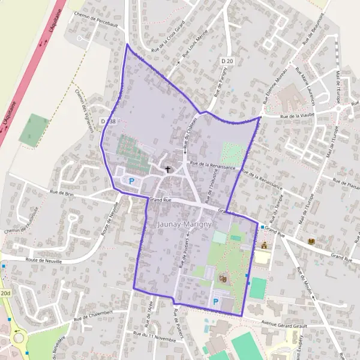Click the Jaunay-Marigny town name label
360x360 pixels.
point(184,224)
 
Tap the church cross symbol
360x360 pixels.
point(168,170)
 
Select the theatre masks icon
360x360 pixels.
point(223,278)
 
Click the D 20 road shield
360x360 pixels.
point(226,61)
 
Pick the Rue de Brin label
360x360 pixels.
point(62,194)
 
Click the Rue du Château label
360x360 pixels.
point(190,132)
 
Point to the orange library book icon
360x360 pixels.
point(311,241)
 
